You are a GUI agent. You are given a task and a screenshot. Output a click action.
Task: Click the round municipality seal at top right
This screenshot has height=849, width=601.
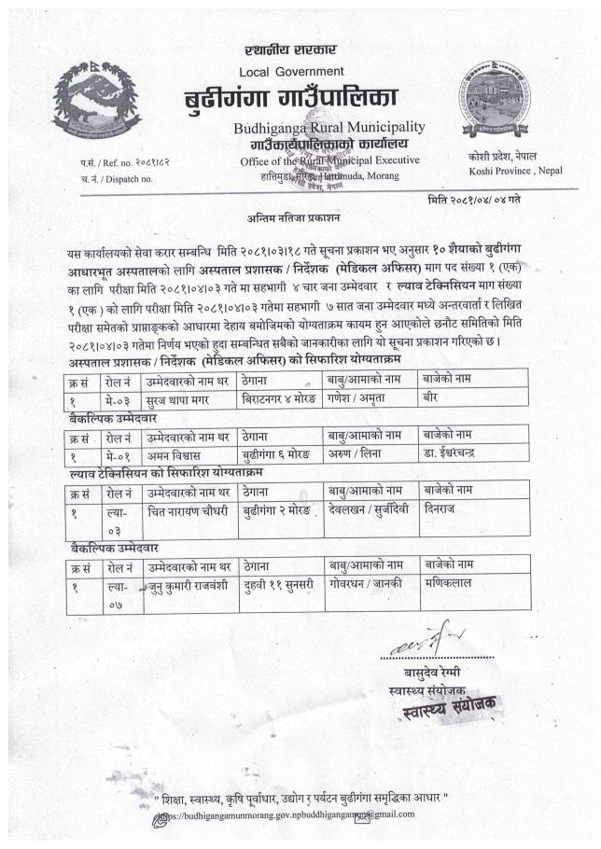(x=494, y=101)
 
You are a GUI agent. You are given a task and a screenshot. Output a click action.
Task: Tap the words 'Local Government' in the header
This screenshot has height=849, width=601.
(x=291, y=71)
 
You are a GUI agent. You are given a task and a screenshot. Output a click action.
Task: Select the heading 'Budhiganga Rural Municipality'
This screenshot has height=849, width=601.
(x=323, y=127)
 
